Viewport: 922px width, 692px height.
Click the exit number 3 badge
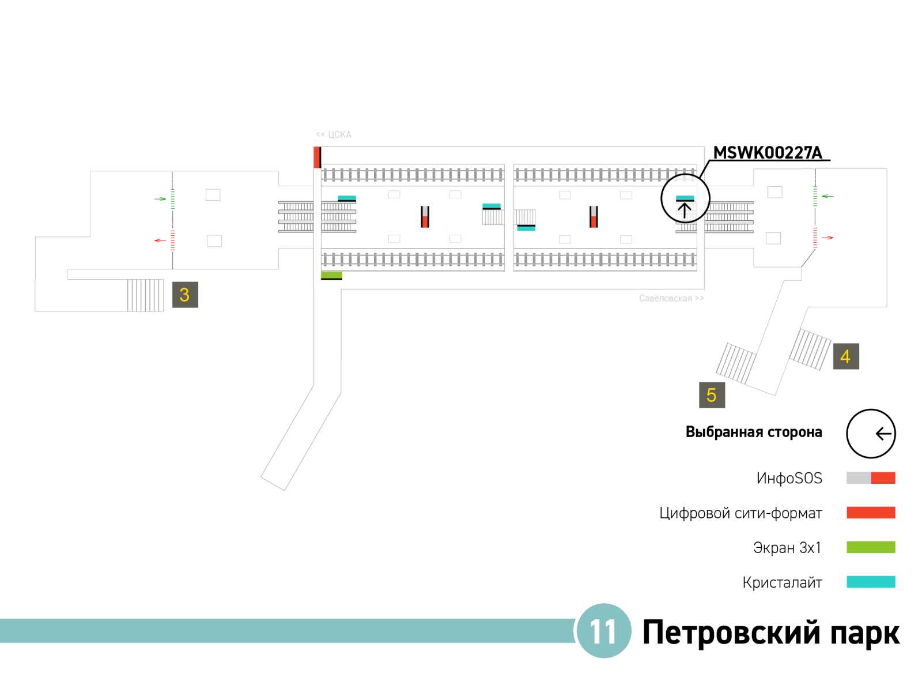[185, 295]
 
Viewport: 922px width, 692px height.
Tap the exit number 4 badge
[845, 356]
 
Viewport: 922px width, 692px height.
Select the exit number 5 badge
[712, 395]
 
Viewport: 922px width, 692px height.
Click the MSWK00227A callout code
[768, 153]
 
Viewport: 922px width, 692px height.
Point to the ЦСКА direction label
[334, 134]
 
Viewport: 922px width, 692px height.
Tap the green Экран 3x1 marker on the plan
[331, 275]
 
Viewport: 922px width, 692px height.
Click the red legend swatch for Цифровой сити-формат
[871, 512]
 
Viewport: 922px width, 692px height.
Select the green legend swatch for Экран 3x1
[871, 547]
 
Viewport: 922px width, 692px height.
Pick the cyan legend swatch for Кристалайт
[871, 582]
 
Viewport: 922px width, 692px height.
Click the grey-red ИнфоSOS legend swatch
[871, 477]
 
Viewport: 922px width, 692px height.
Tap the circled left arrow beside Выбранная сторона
[871, 434]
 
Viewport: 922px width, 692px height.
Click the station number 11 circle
[603, 631]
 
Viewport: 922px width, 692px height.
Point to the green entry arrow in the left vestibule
[160, 199]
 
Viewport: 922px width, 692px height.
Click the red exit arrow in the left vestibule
[160, 240]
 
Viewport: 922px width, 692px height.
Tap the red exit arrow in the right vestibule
[827, 238]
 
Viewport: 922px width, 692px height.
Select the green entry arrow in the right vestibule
[827, 196]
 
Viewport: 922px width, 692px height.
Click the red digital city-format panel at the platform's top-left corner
[317, 157]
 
